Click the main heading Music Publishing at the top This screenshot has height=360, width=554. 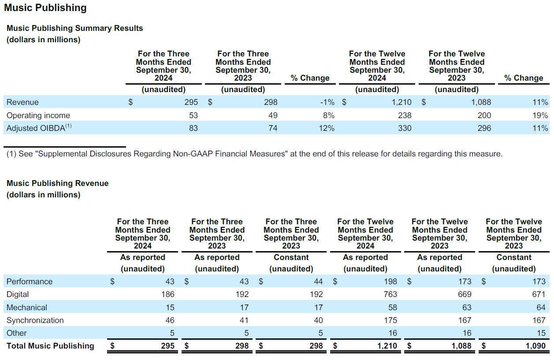45,8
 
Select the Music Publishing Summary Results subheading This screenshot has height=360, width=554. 75,28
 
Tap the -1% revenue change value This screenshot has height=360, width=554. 327,102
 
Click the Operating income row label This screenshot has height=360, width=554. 38,115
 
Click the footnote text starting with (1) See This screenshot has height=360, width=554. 254,154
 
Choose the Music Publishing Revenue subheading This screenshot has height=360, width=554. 57,183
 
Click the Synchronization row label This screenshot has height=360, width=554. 35,320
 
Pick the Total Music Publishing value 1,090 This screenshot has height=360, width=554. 535,346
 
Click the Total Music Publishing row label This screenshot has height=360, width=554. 50,346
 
